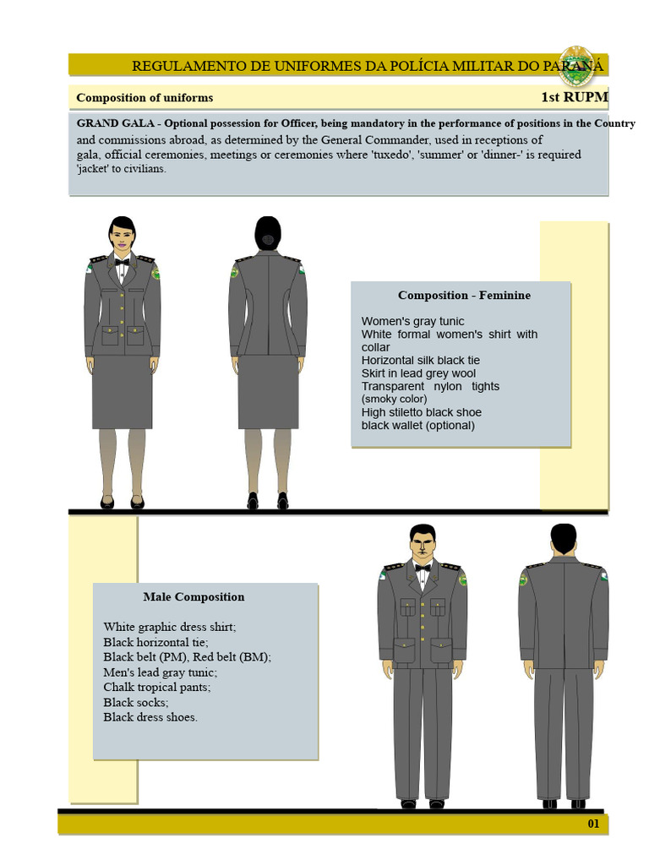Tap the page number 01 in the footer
(593, 824)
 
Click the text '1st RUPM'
(574, 97)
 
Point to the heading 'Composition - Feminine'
(464, 296)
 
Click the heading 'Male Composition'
(194, 597)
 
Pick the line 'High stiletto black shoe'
(421, 412)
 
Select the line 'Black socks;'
(135, 702)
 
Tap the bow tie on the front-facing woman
(122, 262)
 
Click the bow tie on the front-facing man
(422, 568)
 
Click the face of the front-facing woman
(122, 237)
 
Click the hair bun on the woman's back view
(268, 240)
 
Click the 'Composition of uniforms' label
(145, 98)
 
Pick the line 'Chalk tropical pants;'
(157, 687)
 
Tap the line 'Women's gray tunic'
(412, 321)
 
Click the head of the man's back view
(563, 537)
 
